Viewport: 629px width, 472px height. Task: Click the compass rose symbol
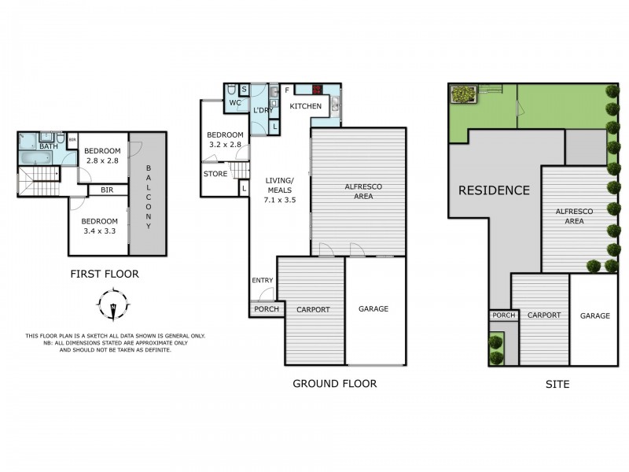coord(115,304)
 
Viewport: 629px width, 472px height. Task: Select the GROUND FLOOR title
coord(334,384)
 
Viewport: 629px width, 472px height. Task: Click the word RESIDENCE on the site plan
coord(494,190)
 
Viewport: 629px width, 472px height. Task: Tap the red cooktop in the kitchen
coord(320,90)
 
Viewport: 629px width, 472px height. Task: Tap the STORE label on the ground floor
coord(215,174)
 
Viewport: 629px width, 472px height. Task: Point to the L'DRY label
coord(263,110)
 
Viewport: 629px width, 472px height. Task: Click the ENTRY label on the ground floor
coord(263,281)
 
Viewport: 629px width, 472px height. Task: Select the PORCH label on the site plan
coord(503,315)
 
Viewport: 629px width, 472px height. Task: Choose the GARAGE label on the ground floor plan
coord(373,309)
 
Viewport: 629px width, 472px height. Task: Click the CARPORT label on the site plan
coord(544,315)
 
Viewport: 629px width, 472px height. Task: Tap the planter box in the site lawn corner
coord(464,94)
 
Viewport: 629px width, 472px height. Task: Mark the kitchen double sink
coord(335,106)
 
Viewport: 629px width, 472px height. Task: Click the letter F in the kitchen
coord(288,90)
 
